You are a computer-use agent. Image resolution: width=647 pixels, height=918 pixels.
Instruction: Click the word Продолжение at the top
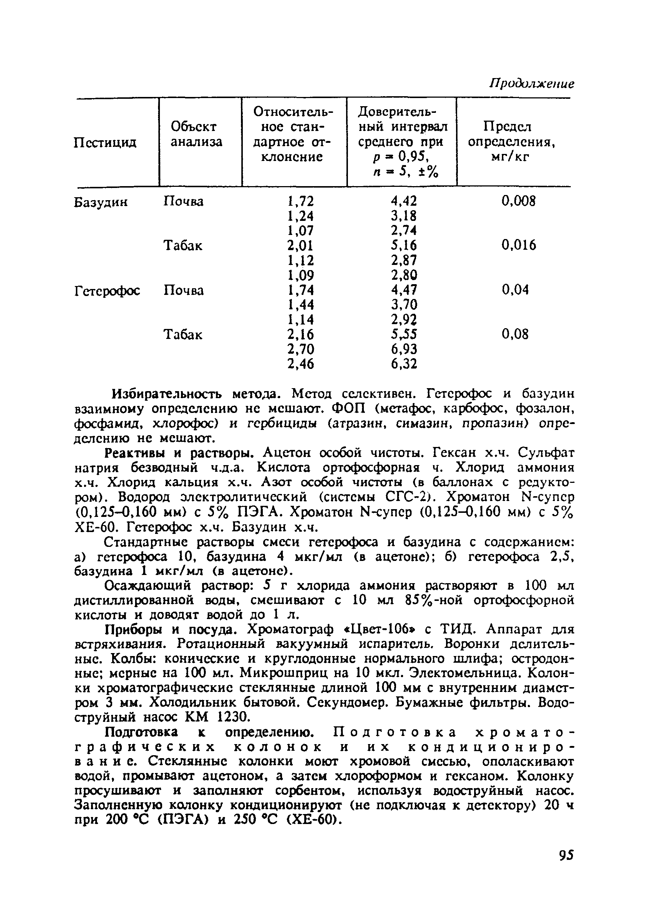point(532,84)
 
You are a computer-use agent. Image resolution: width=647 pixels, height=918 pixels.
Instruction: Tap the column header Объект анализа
point(196,134)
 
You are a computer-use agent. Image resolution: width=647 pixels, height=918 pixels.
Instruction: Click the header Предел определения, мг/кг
point(512,142)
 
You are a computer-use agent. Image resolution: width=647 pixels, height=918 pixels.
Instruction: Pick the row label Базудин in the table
point(101,202)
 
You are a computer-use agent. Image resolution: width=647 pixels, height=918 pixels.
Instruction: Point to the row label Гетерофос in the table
point(107,291)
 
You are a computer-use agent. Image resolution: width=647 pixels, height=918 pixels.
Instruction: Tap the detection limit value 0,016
point(519,245)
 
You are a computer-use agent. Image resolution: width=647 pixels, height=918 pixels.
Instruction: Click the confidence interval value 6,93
point(404,349)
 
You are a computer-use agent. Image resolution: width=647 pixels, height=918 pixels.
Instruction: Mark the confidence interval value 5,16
point(404,245)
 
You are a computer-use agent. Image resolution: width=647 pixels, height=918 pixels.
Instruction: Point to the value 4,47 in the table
point(404,289)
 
